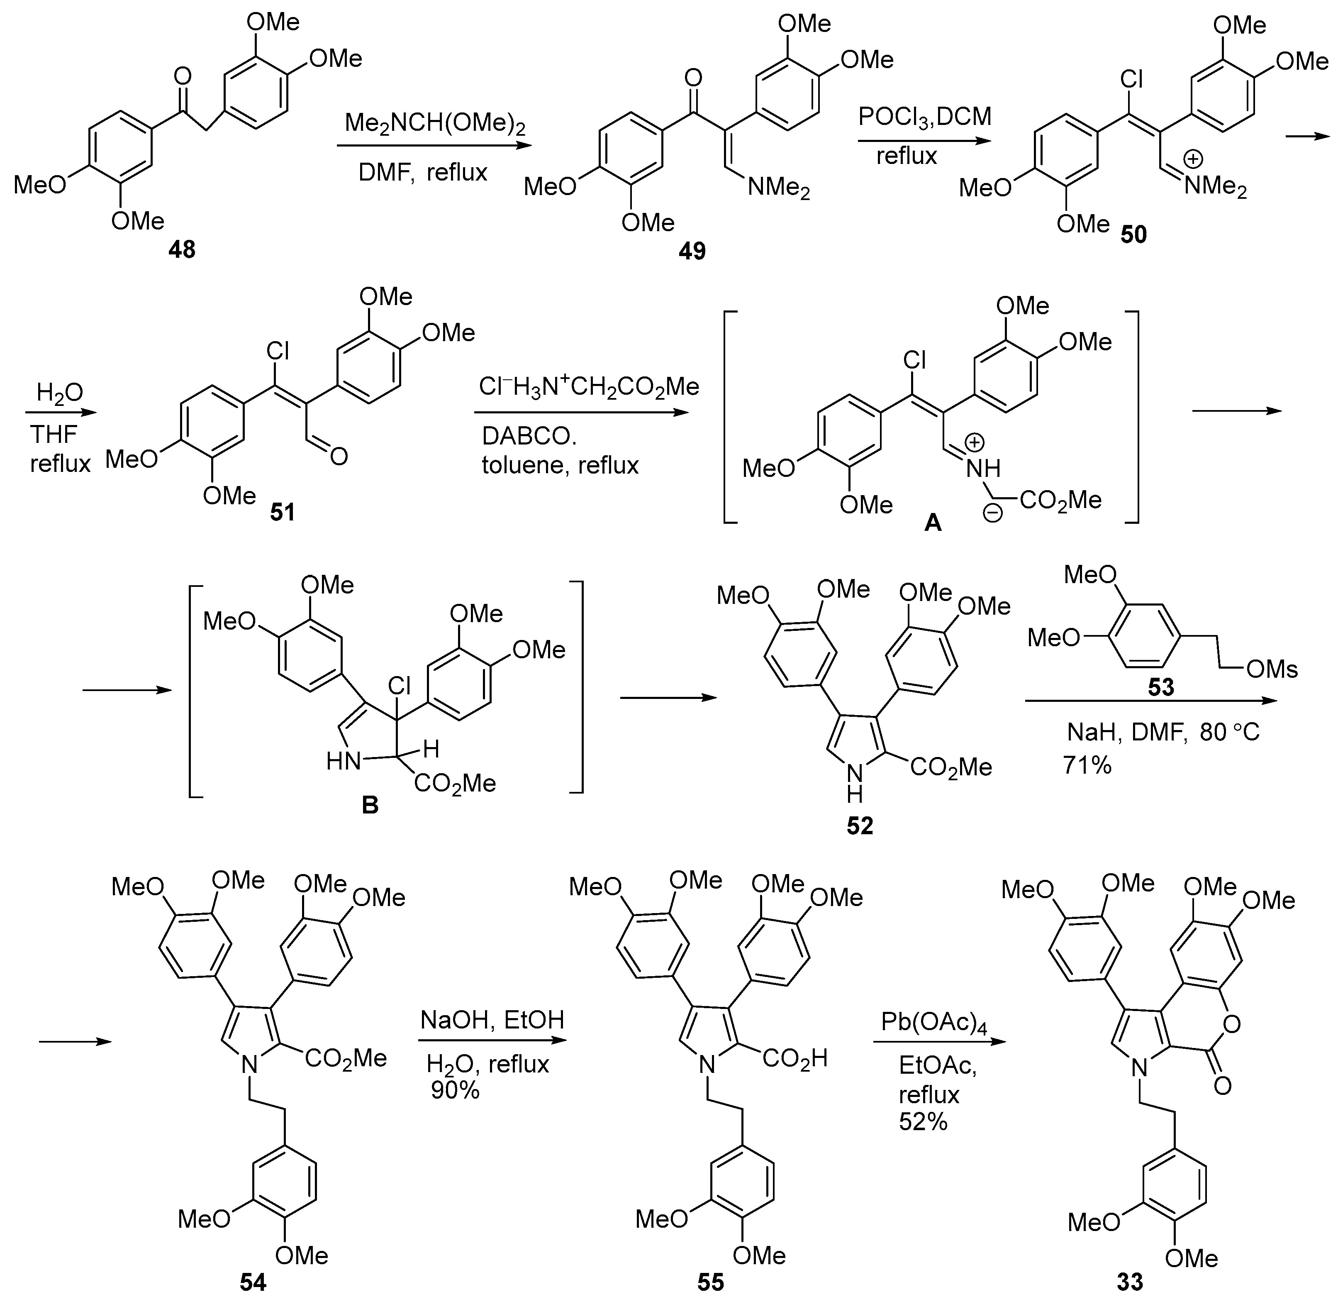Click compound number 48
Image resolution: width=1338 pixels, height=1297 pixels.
pos(182,250)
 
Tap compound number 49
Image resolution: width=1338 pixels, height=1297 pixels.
pos(692,252)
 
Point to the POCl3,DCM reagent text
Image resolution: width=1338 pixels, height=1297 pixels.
pos(925,117)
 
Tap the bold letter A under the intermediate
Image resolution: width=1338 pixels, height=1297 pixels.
pos(933,524)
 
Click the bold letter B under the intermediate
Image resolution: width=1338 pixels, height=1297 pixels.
pos(369,806)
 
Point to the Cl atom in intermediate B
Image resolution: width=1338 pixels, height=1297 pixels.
pos(400,686)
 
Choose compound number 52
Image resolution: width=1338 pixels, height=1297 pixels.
pos(860,826)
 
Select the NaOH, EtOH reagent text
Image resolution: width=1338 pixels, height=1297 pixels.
pos(492,1021)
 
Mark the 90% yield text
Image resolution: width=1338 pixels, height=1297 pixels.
pos(455,1091)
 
